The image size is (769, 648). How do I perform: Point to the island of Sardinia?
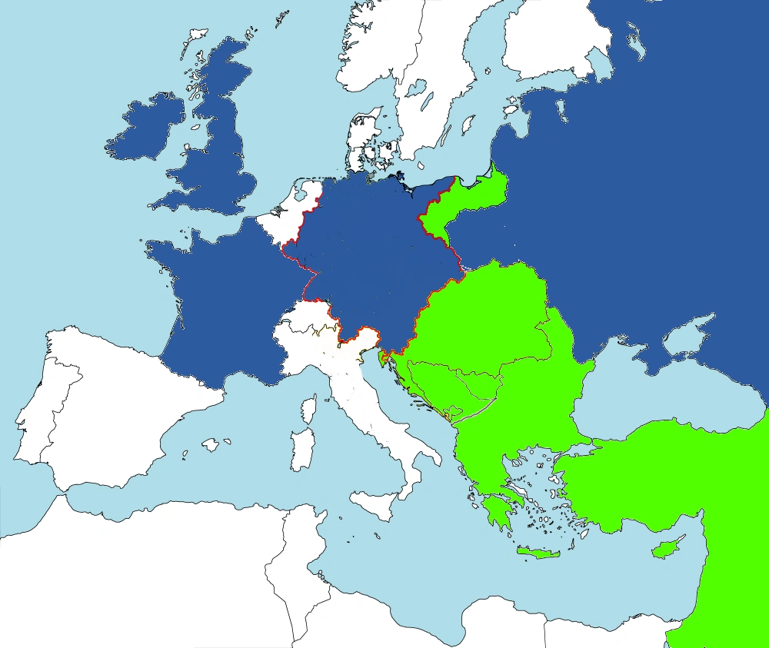click(x=301, y=445)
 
